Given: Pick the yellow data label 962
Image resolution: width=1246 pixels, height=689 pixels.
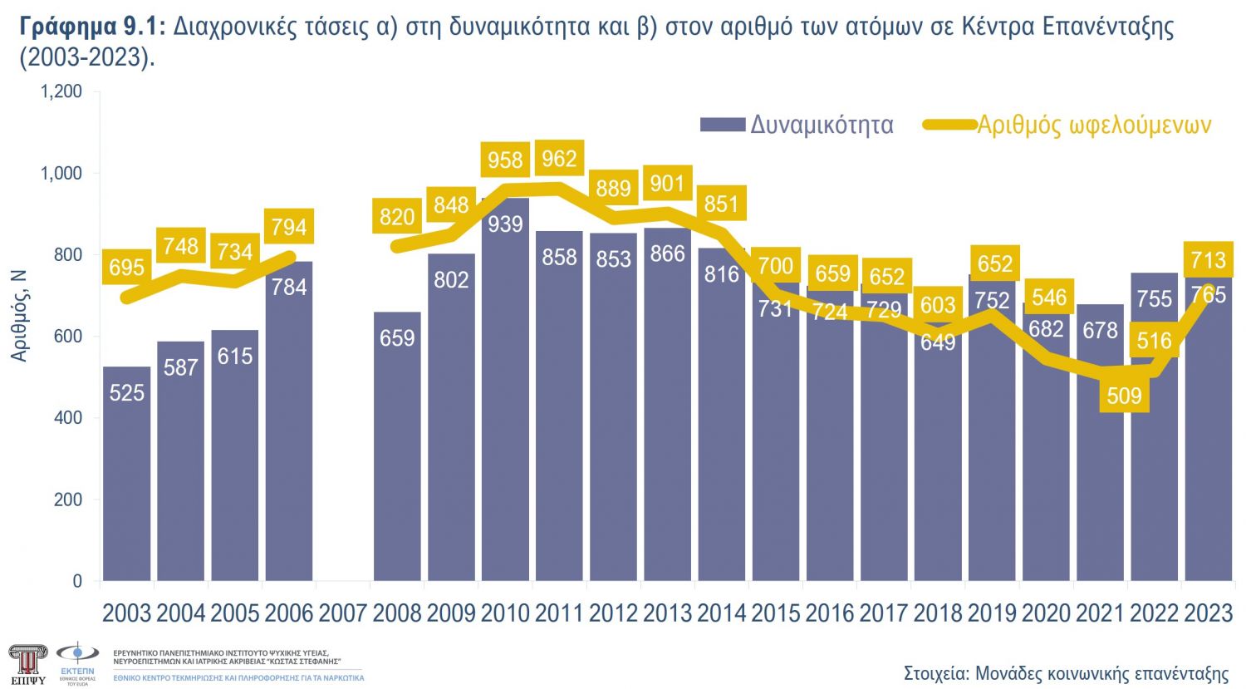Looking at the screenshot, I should (x=559, y=158).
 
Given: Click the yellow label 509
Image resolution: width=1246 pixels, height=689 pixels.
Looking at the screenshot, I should (x=1125, y=396).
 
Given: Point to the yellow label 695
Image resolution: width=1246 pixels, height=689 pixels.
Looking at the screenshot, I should (x=126, y=268).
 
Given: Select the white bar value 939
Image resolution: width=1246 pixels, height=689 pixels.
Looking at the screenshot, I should (x=505, y=224).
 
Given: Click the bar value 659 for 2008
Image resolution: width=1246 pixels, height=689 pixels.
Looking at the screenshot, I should (x=397, y=338).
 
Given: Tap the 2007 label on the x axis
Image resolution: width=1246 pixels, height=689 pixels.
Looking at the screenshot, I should (x=342, y=613).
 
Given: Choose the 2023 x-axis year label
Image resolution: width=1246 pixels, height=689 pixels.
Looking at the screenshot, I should (x=1208, y=613).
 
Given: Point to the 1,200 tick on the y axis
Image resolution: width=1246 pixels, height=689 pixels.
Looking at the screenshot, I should (x=62, y=91).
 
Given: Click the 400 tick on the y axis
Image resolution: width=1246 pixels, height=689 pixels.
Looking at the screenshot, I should (x=68, y=418).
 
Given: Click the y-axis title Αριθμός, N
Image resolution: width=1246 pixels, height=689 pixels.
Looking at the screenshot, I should (x=19, y=316).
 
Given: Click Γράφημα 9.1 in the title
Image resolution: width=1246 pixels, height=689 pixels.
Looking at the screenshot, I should (x=93, y=27).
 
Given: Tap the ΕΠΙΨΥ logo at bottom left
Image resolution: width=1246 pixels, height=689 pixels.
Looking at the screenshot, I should (x=27, y=663).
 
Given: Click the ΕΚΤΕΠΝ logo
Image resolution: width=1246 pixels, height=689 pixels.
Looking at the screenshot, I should (x=77, y=662).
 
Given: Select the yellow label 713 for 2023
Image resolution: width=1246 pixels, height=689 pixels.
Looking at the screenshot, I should (x=1208, y=260).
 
